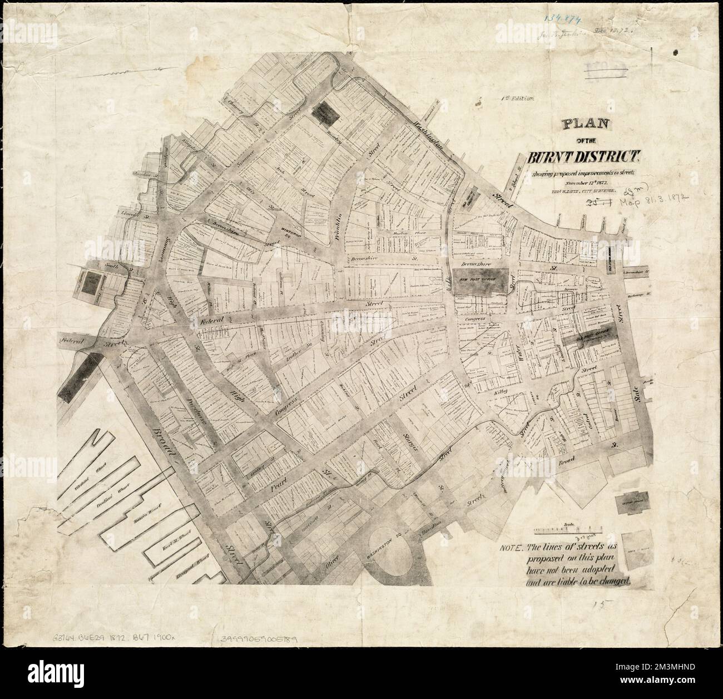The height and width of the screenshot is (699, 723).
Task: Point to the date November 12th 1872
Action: point(580,182)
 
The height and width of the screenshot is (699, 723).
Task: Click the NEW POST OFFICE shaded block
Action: point(479,277)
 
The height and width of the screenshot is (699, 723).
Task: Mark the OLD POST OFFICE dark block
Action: point(587,336)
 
